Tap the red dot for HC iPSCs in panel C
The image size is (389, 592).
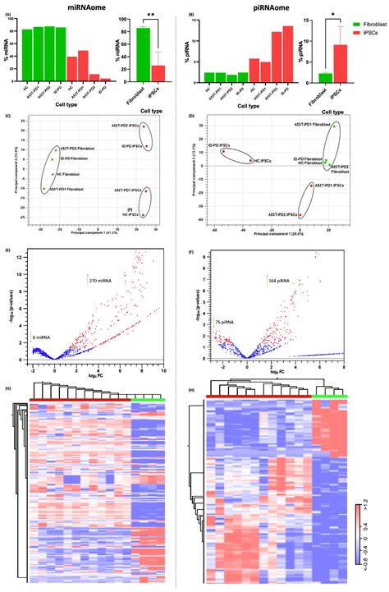pyautogui.click(x=144, y=215)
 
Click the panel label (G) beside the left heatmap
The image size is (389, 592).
pyautogui.click(x=8, y=389)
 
